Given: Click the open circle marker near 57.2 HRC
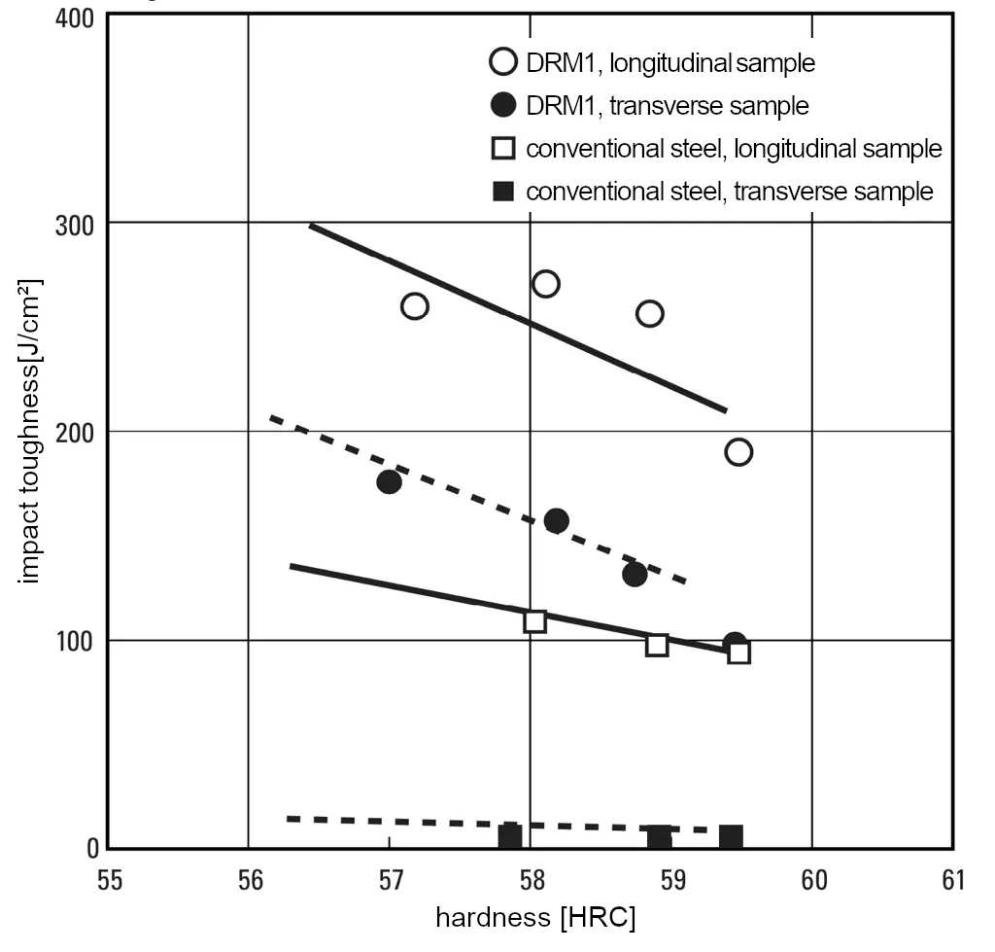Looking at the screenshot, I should pos(414,306).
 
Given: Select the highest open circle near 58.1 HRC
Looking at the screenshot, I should pos(545,284).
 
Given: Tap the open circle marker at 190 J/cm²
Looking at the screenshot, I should pos(738,452).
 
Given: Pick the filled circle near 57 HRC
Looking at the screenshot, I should pos(389,482).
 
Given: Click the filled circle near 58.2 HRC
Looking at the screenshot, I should pos(556,520).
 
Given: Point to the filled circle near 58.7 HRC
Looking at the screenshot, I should pos(635,574).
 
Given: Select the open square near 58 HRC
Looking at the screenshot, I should pos(534,621).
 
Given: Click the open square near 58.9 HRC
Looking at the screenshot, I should pos(657,645).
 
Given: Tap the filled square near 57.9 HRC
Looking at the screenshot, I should pos(510,835).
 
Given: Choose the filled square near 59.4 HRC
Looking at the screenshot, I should pos(731,836).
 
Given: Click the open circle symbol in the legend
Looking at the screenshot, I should pos(502,64).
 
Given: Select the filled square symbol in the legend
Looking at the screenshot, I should pos(502,192).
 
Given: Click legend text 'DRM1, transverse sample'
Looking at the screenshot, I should pos(668,105).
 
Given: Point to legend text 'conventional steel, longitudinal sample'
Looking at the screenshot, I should pos(734,149).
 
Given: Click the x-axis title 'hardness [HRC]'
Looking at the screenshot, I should pos(534,918).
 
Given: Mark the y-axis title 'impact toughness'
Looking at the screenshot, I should pos(31,433).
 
